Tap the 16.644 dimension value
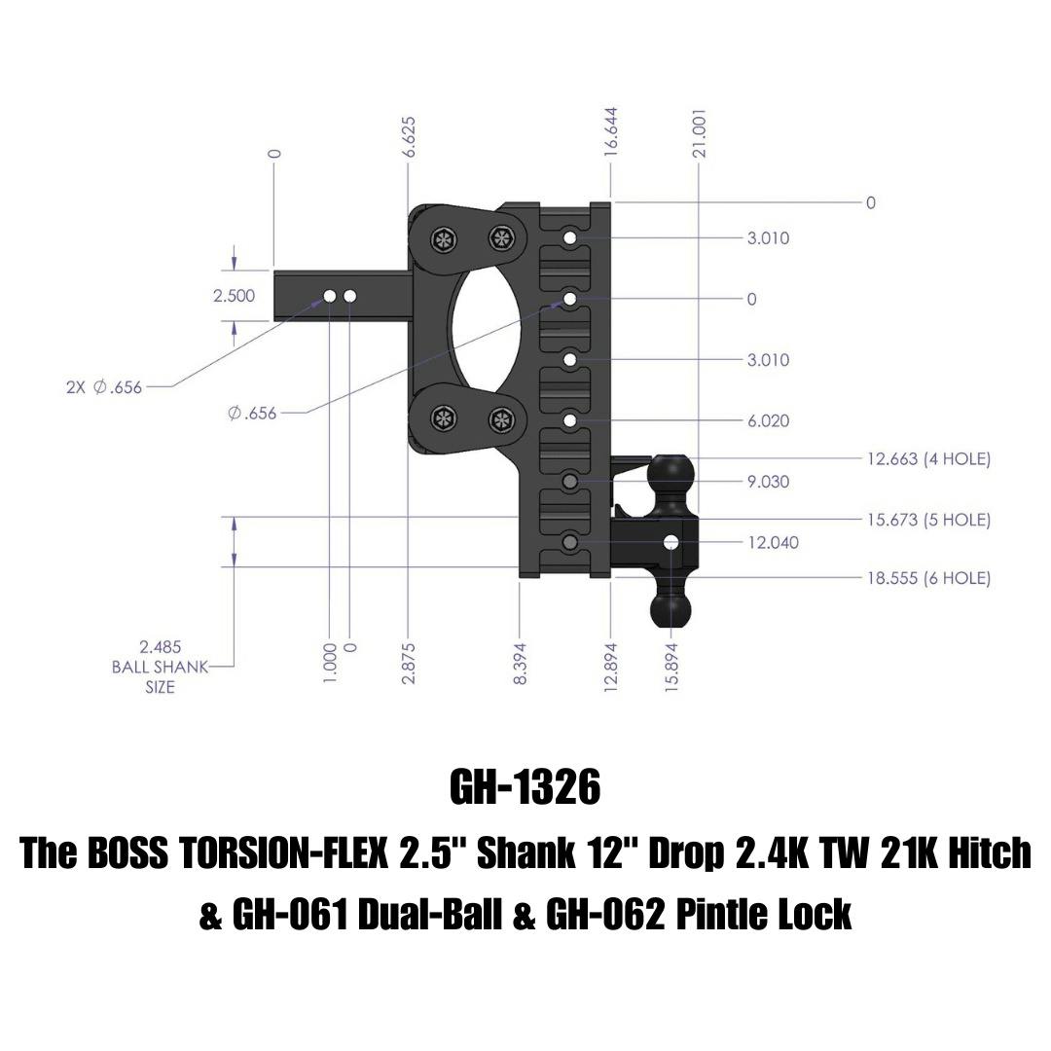click(x=610, y=132)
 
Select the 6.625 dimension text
click(x=409, y=137)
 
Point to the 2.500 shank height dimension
click(x=234, y=296)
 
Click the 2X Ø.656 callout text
click(x=104, y=386)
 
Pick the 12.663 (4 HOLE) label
click(x=929, y=459)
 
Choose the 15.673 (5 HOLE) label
click(x=929, y=520)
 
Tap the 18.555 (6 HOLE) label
click(x=929, y=578)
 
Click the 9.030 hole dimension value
click(x=768, y=482)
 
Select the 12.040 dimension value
click(x=774, y=542)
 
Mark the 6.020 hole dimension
click(x=768, y=421)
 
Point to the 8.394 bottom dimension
click(x=521, y=664)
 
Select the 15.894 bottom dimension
click(x=673, y=666)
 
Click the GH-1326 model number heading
click(x=525, y=787)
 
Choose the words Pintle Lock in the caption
click(x=764, y=914)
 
